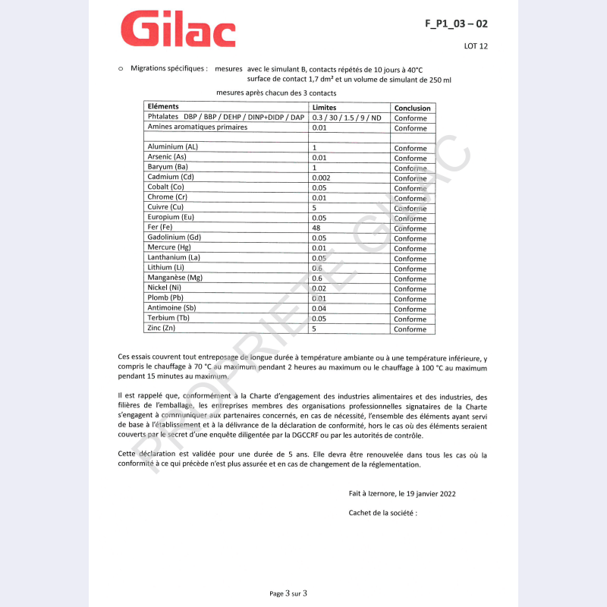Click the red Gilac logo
click(178, 30)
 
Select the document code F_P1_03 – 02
click(456, 24)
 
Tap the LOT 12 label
click(476, 46)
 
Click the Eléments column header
click(163, 107)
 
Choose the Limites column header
click(324, 108)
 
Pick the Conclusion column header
click(412, 108)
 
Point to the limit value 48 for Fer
click(316, 228)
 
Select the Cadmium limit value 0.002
click(321, 178)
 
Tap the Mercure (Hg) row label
click(171, 248)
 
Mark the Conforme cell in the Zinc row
click(410, 329)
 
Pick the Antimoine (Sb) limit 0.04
click(319, 309)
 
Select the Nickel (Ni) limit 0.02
click(319, 288)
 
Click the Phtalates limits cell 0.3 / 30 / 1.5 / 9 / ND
click(347, 118)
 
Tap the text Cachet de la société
click(383, 513)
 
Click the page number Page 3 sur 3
click(288, 593)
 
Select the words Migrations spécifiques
click(169, 68)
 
